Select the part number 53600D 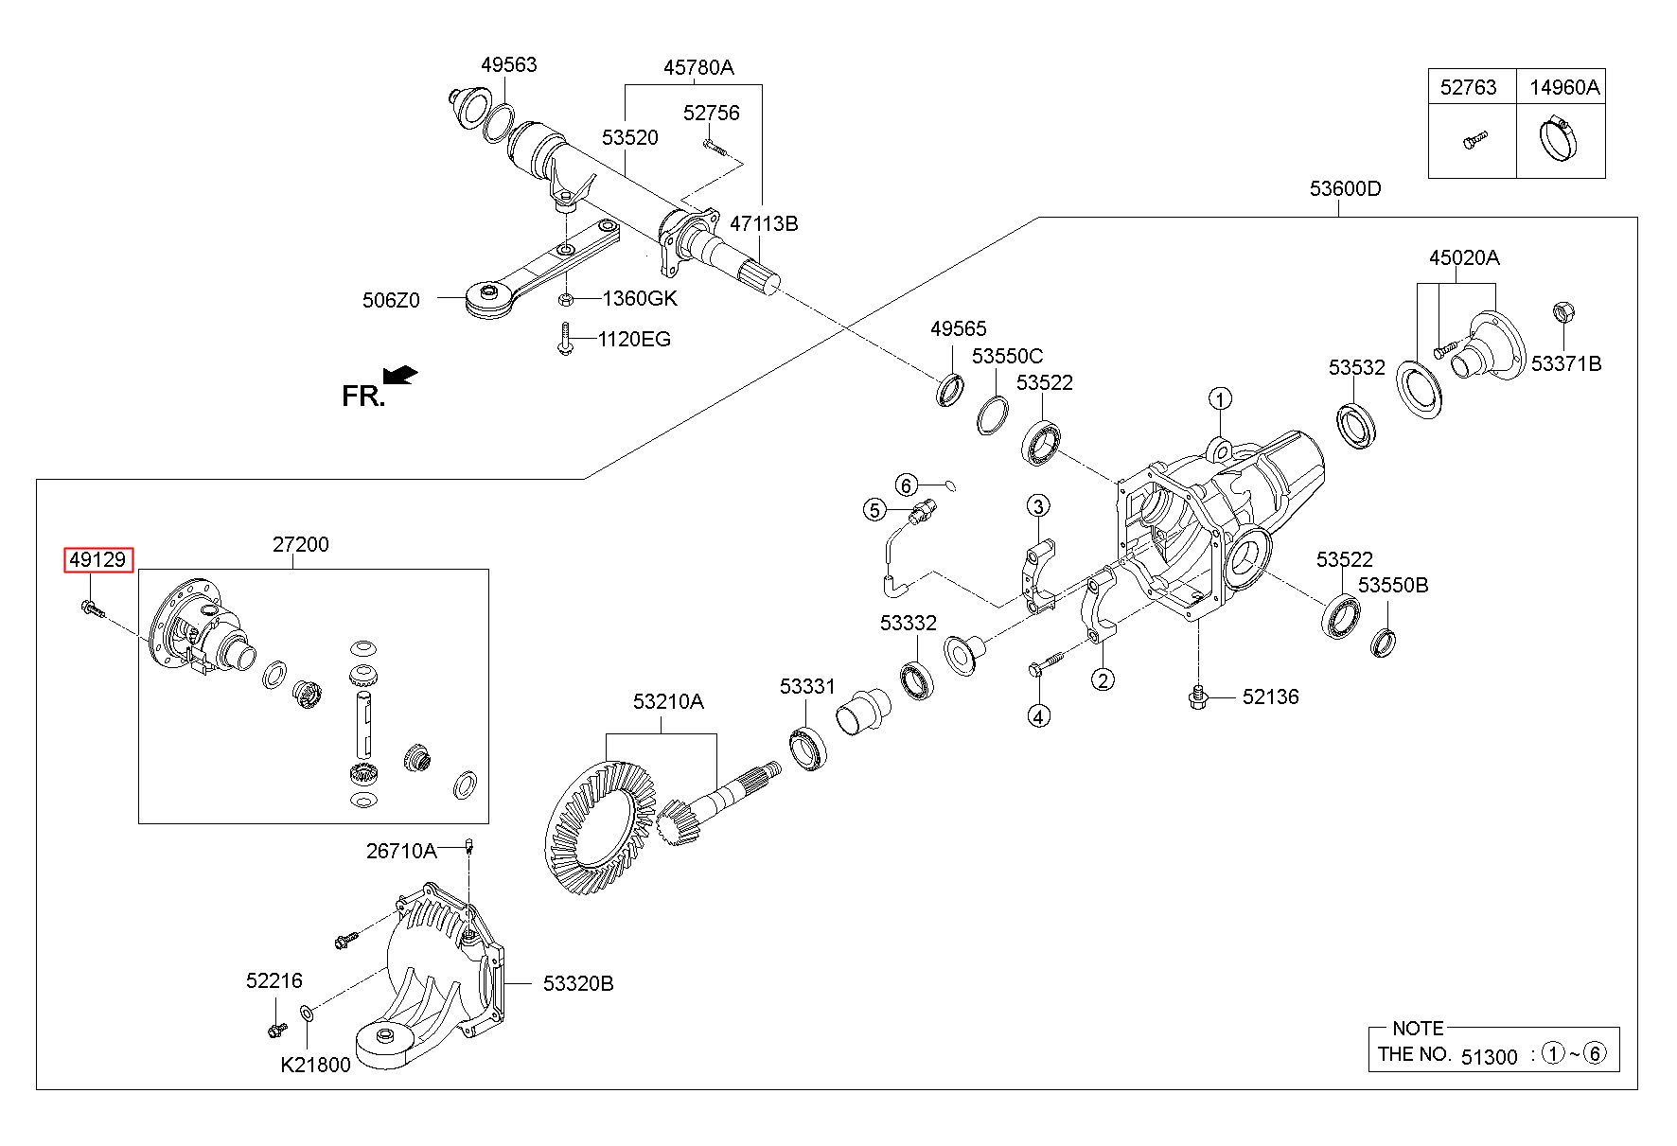1345,188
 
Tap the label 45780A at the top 698,67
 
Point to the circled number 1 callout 1221,398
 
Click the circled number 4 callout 1038,716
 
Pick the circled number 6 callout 906,485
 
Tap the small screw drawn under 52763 1472,140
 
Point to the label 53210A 668,701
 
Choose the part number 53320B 578,984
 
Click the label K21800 315,1065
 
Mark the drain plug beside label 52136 1199,697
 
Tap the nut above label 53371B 1562,310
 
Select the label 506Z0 390,300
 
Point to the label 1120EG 634,339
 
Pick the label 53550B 1393,585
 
